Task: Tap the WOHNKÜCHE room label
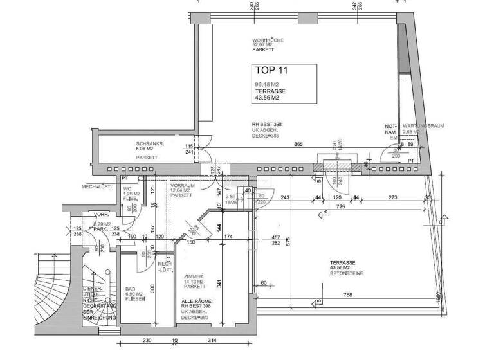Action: [267, 40]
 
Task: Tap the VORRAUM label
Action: [182, 184]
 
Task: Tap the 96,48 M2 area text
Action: [266, 84]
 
